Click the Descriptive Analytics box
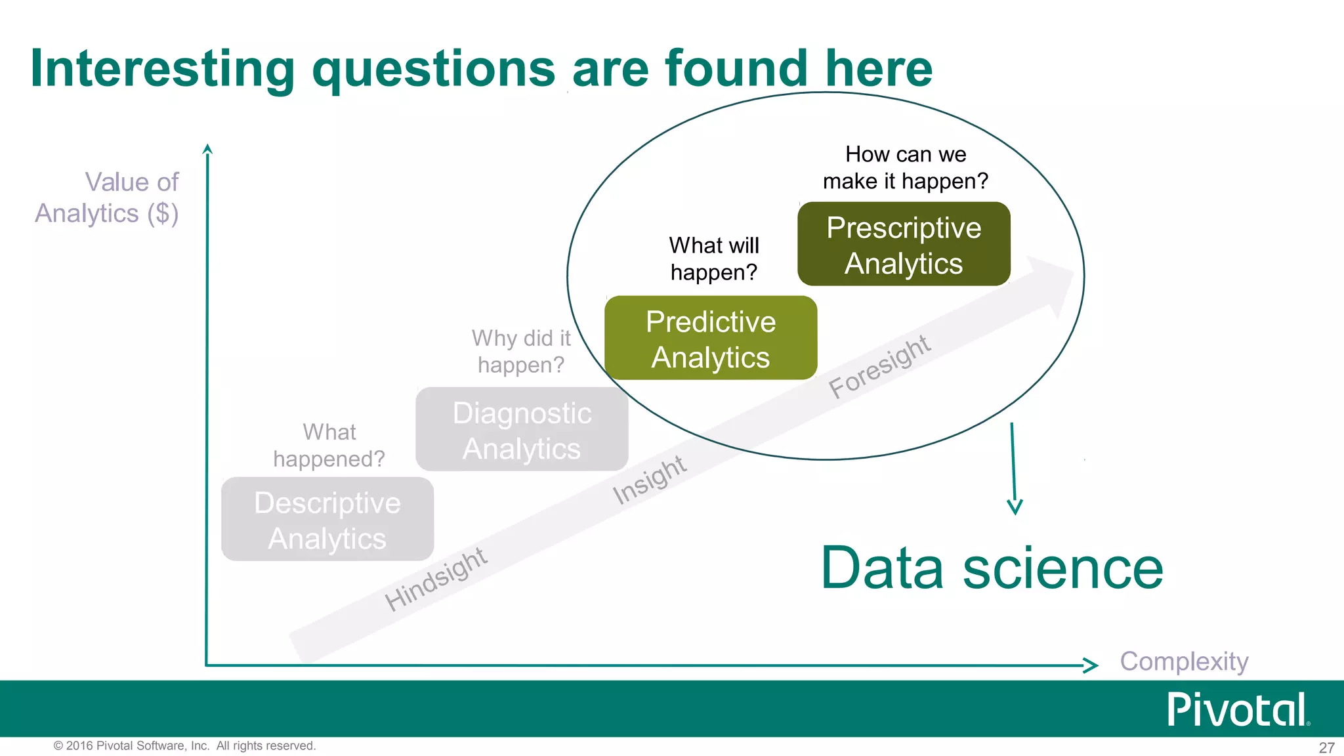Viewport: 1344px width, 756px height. [x=327, y=520]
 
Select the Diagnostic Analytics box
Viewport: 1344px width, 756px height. [x=522, y=430]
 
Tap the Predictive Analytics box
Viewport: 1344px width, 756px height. [x=711, y=339]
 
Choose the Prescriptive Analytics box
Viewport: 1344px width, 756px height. [x=904, y=245]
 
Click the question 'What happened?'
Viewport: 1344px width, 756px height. [x=329, y=446]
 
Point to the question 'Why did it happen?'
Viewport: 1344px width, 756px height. [x=521, y=351]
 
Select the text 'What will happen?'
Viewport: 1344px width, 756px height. [x=714, y=259]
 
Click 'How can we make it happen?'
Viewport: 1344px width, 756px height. [x=905, y=167]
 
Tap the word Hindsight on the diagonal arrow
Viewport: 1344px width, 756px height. [x=436, y=579]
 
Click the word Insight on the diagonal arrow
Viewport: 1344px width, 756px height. [x=649, y=480]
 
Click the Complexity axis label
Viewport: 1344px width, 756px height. [x=1184, y=661]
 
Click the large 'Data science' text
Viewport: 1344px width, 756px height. [x=992, y=568]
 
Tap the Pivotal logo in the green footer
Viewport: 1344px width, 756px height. [x=1238, y=709]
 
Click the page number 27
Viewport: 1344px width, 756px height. [x=1326, y=747]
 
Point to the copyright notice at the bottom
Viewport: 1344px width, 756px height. [x=184, y=746]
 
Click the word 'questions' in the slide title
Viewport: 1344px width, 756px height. [x=434, y=69]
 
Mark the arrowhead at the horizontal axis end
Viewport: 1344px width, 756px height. [x=1091, y=665]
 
